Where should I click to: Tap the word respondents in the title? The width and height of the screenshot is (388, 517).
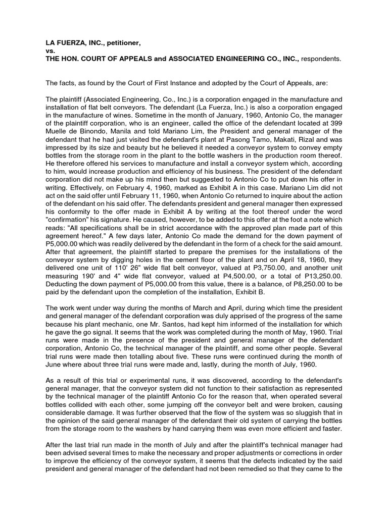(x=321, y=59)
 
